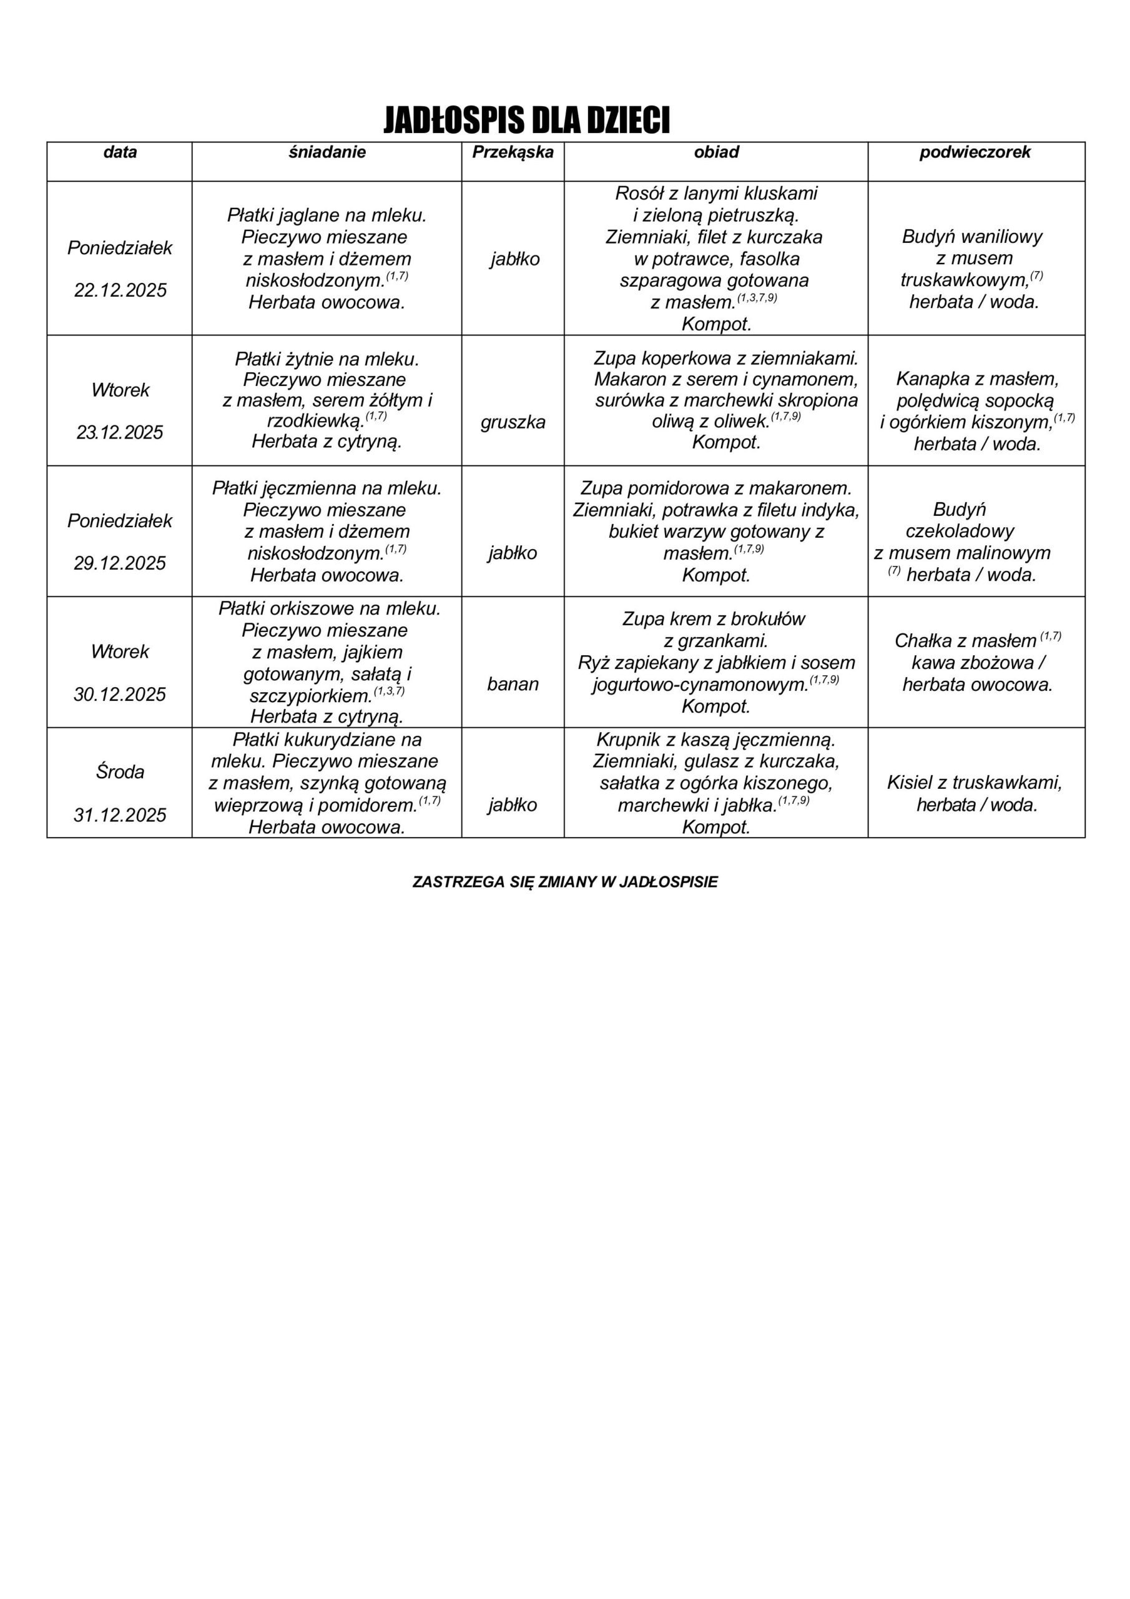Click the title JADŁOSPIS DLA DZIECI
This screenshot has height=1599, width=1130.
tap(526, 121)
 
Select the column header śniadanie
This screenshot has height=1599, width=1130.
tap(327, 152)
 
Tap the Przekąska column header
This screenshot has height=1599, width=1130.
tap(513, 152)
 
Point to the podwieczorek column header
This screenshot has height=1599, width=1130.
tap(975, 152)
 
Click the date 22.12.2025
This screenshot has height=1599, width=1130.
tap(120, 290)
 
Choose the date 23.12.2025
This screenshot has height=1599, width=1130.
tap(120, 432)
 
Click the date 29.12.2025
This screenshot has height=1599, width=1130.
tap(120, 563)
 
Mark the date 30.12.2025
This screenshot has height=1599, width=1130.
tap(120, 695)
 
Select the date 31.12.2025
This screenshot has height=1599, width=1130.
tap(120, 815)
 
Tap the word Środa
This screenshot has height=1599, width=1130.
tap(120, 771)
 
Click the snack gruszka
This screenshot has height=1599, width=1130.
tap(513, 422)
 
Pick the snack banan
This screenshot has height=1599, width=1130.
tap(513, 684)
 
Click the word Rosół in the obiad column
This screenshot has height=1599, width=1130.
tap(639, 193)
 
